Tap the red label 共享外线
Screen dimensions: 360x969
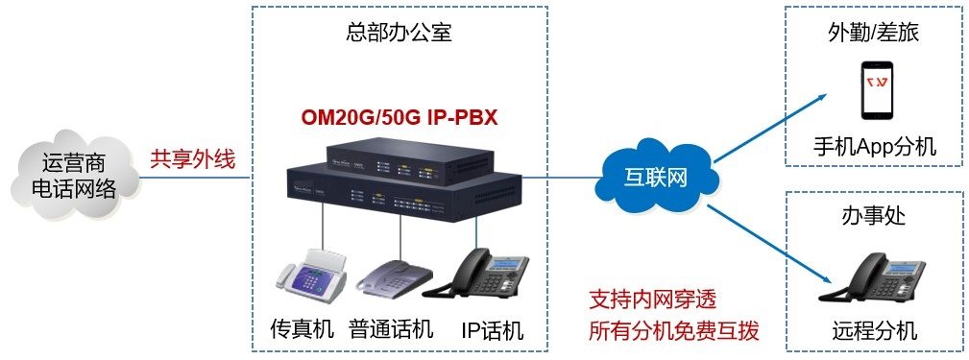coord(192,158)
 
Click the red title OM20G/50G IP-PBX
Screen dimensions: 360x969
coord(399,118)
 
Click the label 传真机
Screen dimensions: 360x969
coord(302,330)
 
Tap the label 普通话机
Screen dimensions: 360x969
coord(391,330)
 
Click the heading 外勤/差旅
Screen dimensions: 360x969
coord(873,33)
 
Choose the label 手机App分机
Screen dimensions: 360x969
coord(874,147)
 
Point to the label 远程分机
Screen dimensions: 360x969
coord(874,332)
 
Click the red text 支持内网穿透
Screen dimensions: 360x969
coord(652,300)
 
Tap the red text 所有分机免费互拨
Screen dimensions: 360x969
coord(673,331)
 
